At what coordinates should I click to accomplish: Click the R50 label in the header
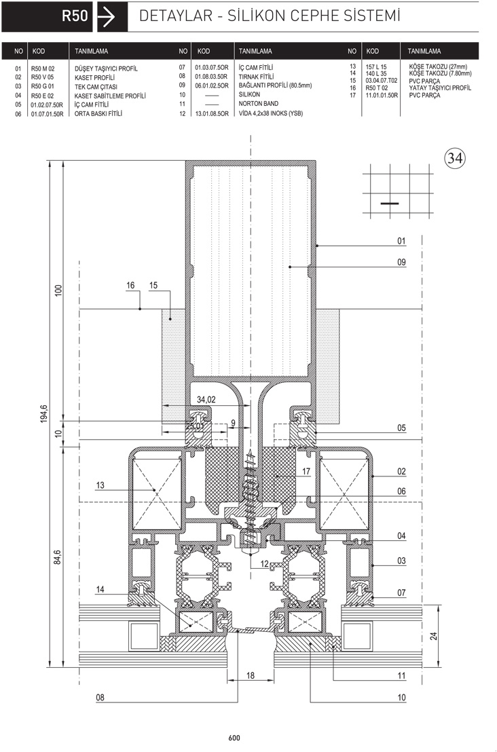pos(75,16)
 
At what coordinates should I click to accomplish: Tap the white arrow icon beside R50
pos(107,17)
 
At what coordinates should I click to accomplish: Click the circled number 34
pos(454,157)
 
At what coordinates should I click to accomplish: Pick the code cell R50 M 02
pos(43,69)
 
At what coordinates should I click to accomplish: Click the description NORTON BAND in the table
pos(258,104)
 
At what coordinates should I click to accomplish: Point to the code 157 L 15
pos(375,67)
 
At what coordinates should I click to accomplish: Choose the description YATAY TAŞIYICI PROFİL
pos(440,88)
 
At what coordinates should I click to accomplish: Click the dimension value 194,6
pos(44,414)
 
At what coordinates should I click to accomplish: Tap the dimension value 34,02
pos(206,400)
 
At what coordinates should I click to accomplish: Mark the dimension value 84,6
pos(57,558)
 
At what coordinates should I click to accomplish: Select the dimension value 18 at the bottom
pos(251,675)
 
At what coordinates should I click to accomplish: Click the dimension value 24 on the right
pos(433,636)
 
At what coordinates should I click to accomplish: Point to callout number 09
pos(401,262)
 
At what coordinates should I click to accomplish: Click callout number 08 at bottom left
pos(100,697)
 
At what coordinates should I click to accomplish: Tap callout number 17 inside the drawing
pos(306,472)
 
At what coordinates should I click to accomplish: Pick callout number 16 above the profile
pos(130,285)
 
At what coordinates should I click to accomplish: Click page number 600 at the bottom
pos(234,738)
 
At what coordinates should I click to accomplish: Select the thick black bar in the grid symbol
pos(390,204)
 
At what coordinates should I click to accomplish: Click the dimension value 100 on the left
pos(58,290)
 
